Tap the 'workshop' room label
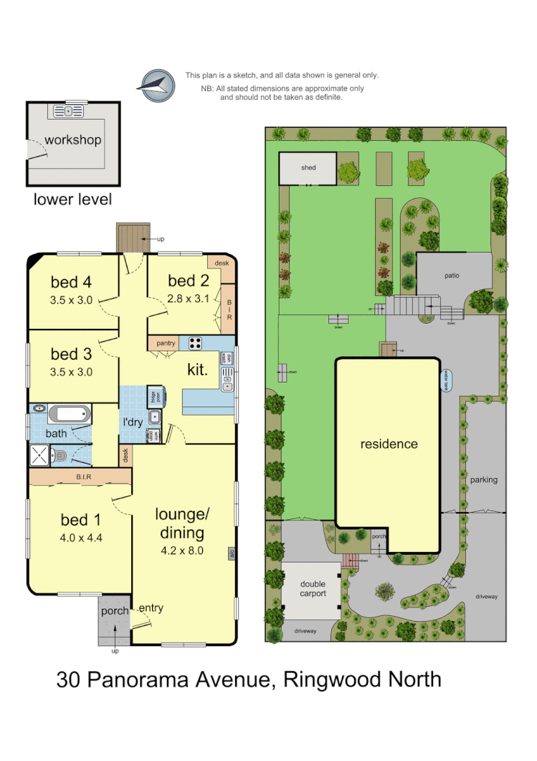coord(72,140)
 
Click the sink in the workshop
coord(69,111)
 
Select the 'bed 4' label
coord(72,281)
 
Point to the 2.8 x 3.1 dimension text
coord(188,298)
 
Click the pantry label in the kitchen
coord(166,344)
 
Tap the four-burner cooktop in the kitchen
coord(195,342)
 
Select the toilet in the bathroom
coord(62,454)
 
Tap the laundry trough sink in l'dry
coord(155,417)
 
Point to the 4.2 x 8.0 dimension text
coord(181,551)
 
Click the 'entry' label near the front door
coord(151,608)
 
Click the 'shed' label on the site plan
coord(308,168)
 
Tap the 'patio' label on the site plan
coord(452,275)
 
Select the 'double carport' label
coord(313,589)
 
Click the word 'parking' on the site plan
coord(484,480)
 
